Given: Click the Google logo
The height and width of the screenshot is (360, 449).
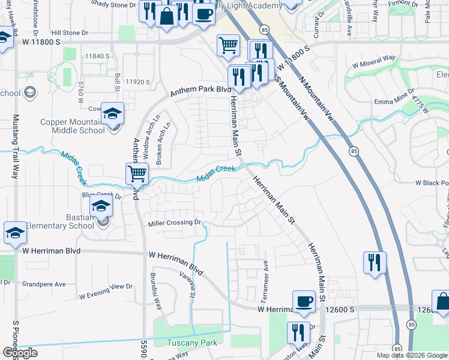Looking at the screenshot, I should [x=19, y=353].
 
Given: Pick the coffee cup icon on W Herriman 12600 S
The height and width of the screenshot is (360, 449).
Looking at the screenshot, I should [x=304, y=301].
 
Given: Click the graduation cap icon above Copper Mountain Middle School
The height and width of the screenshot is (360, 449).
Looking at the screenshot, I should [x=112, y=113].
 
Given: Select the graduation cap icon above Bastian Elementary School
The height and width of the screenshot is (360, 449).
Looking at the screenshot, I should [x=101, y=208].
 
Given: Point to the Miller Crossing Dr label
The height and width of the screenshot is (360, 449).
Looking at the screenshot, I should [x=173, y=223].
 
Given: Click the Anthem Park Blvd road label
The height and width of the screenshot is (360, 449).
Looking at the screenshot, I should [x=200, y=90].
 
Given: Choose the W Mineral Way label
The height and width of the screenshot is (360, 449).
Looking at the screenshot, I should [x=373, y=61].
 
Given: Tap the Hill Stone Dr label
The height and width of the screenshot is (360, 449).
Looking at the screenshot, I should [x=70, y=33].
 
